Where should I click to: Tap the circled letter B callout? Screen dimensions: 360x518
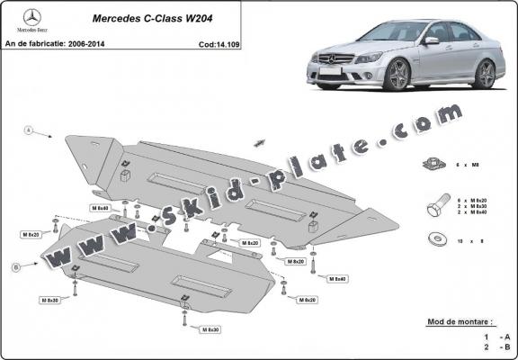click(17, 267)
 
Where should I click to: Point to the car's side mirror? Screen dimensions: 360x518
click(431, 40)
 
